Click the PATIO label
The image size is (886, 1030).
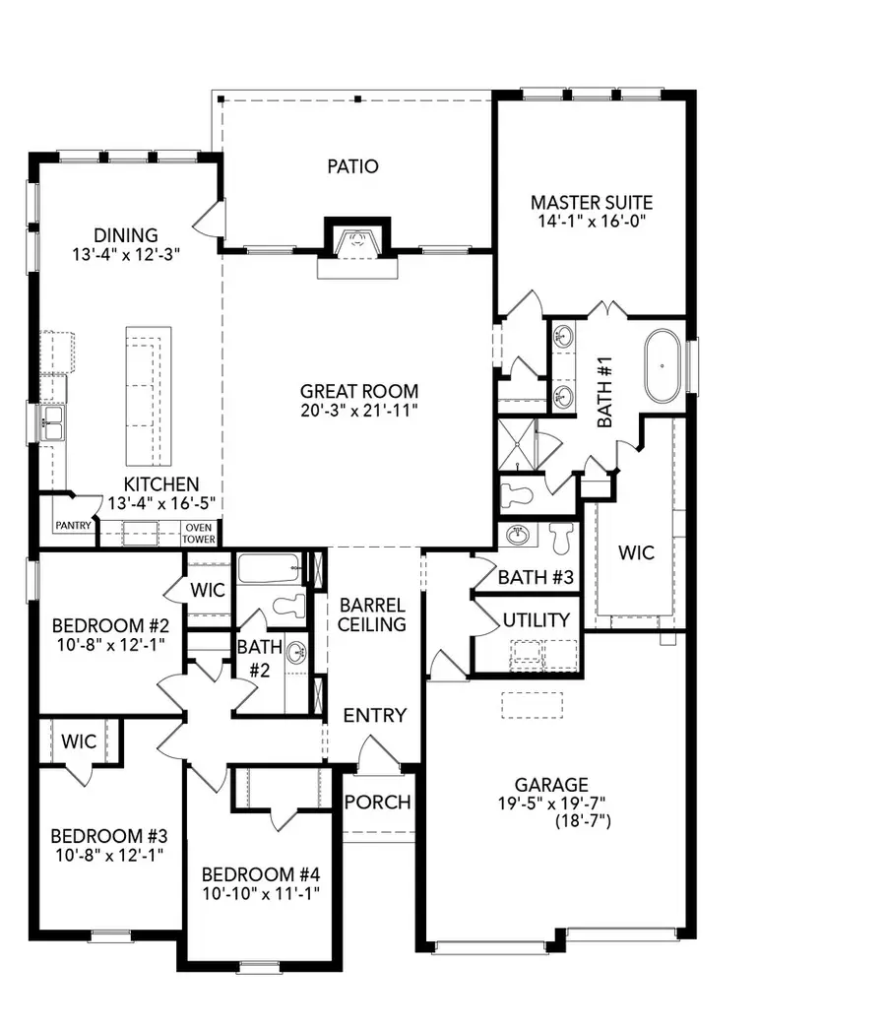tap(352, 166)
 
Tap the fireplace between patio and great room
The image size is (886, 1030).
tap(357, 240)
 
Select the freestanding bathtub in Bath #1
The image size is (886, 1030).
tap(664, 365)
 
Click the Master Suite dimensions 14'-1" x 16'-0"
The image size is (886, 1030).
tap(592, 223)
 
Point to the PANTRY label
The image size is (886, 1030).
tap(74, 526)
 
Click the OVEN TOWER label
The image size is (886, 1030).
tap(199, 533)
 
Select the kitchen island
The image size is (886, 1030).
tap(148, 398)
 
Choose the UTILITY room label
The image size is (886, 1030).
tap(536, 620)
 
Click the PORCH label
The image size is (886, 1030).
tap(377, 802)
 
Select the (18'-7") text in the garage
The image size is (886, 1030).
tap(583, 819)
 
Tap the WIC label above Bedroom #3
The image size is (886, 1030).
tap(78, 740)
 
